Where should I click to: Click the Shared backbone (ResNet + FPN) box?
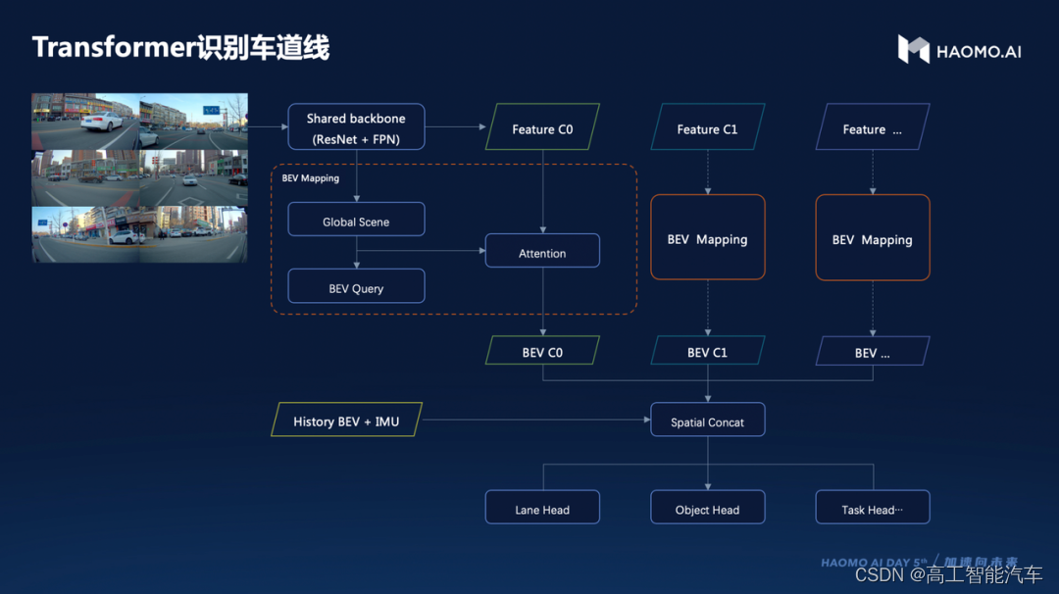point(356,126)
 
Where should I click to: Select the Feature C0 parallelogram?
point(542,126)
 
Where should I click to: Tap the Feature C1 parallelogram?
point(707,126)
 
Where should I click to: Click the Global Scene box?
point(356,220)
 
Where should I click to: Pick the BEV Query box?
point(356,286)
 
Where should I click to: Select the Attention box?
point(542,251)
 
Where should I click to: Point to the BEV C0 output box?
point(542,350)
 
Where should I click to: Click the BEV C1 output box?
point(707,350)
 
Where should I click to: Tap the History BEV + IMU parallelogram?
point(346,420)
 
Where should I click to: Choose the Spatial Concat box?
point(707,420)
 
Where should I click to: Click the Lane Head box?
point(542,507)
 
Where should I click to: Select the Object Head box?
point(707,507)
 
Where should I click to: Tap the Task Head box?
point(873,507)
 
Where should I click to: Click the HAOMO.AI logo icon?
point(914,49)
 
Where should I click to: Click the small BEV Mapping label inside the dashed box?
point(311,178)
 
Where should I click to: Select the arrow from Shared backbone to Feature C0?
point(456,126)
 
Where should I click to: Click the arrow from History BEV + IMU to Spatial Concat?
point(536,420)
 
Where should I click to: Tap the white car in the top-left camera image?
point(102,122)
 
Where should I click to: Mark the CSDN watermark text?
point(949,574)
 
